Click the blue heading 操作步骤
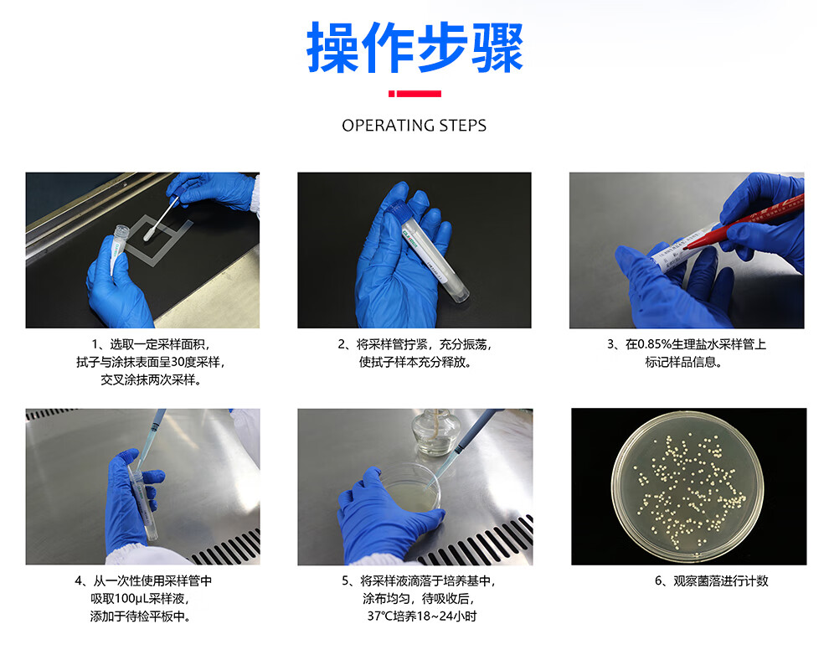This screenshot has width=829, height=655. (414, 48)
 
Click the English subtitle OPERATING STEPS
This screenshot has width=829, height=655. (414, 126)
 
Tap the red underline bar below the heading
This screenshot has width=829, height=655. (414, 94)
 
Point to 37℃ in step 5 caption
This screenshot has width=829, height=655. (378, 616)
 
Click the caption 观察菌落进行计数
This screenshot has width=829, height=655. (721, 581)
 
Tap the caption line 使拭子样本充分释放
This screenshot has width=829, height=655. (414, 362)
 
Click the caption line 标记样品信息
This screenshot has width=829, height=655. (683, 362)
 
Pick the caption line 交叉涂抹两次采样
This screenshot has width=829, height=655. (151, 379)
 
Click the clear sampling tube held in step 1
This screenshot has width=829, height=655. (118, 249)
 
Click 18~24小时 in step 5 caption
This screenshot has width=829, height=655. (447, 616)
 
